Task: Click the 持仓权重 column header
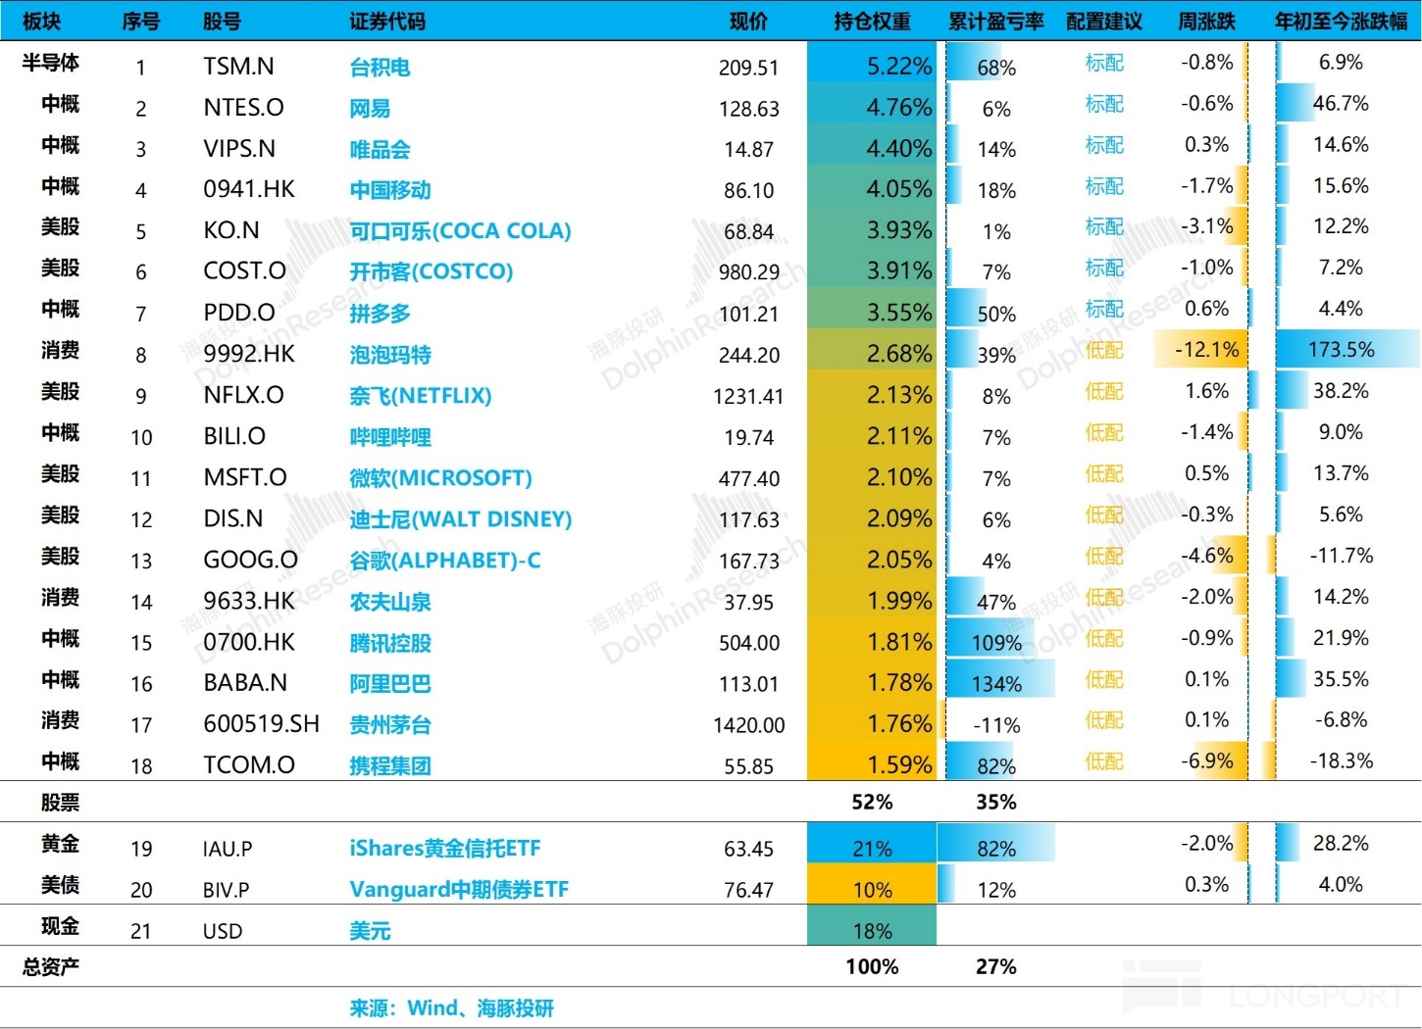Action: [871, 21]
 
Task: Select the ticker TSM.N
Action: [238, 66]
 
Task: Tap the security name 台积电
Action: [380, 68]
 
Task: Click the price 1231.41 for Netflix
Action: [748, 396]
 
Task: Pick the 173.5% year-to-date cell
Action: [1341, 350]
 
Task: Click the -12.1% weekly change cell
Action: [1207, 350]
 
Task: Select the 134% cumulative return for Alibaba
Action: [996, 684]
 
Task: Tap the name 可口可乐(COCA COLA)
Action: [460, 231]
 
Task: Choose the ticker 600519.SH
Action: [261, 724]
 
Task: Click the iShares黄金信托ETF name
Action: [445, 848]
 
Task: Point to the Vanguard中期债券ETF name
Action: [459, 889]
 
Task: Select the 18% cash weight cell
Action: [872, 931]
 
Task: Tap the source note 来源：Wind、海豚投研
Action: [451, 1008]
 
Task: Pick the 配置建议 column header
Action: [1103, 21]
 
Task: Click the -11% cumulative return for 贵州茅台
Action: [996, 725]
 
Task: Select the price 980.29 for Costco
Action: [748, 272]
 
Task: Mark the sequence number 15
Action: [141, 643]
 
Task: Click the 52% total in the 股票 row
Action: [872, 803]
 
